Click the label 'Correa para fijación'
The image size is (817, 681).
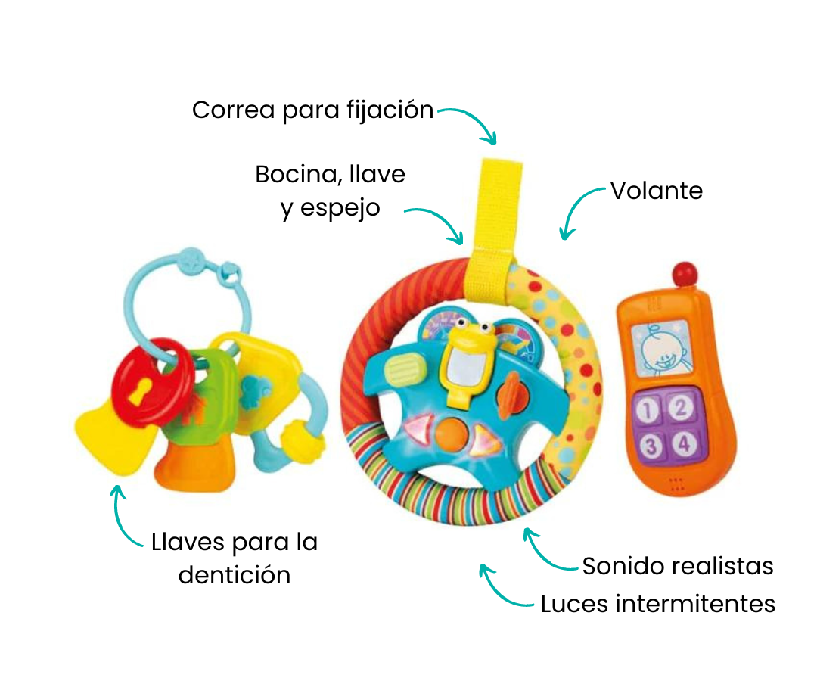click(x=312, y=110)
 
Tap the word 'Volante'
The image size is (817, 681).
click(x=657, y=191)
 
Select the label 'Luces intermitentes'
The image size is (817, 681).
click(x=657, y=604)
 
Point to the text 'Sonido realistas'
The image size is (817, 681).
click(x=678, y=566)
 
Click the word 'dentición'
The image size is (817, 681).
click(x=235, y=575)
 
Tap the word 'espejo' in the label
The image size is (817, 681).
click(x=331, y=208)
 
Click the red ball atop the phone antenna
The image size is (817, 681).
click(x=686, y=272)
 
